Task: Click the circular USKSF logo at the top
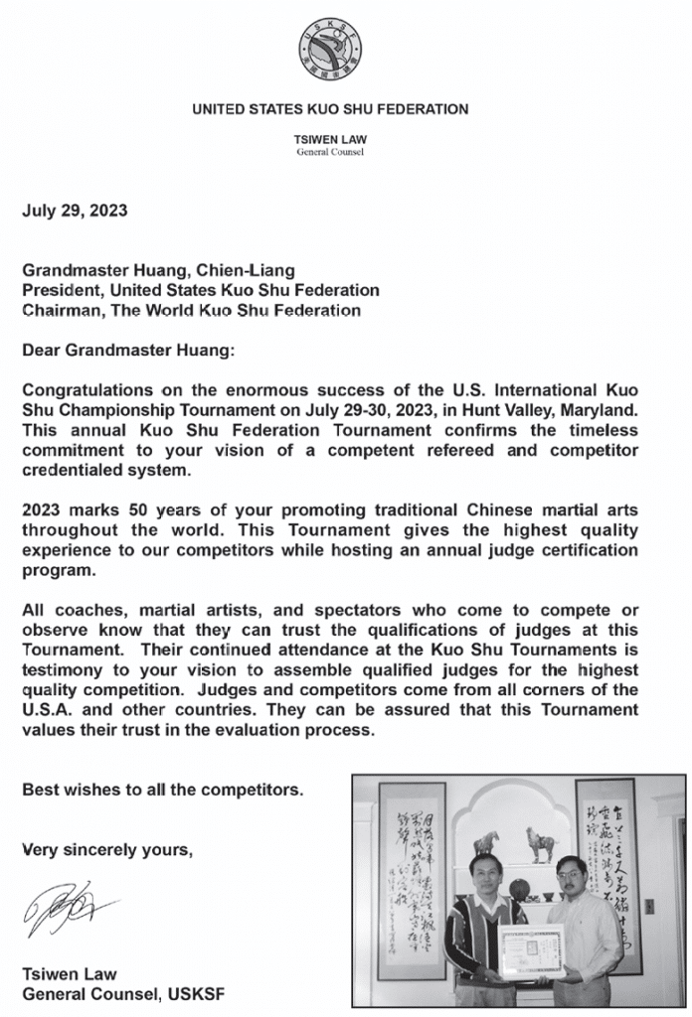point(330,49)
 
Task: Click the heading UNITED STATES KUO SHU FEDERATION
point(330,109)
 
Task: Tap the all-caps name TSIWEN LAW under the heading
point(330,140)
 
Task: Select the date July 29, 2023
point(75,210)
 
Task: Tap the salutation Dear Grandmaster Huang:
point(125,349)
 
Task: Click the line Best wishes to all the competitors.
point(162,791)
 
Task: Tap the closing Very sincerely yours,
point(101,850)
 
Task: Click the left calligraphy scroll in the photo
point(412,874)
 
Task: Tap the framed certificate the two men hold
point(530,950)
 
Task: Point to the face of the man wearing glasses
point(570,874)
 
